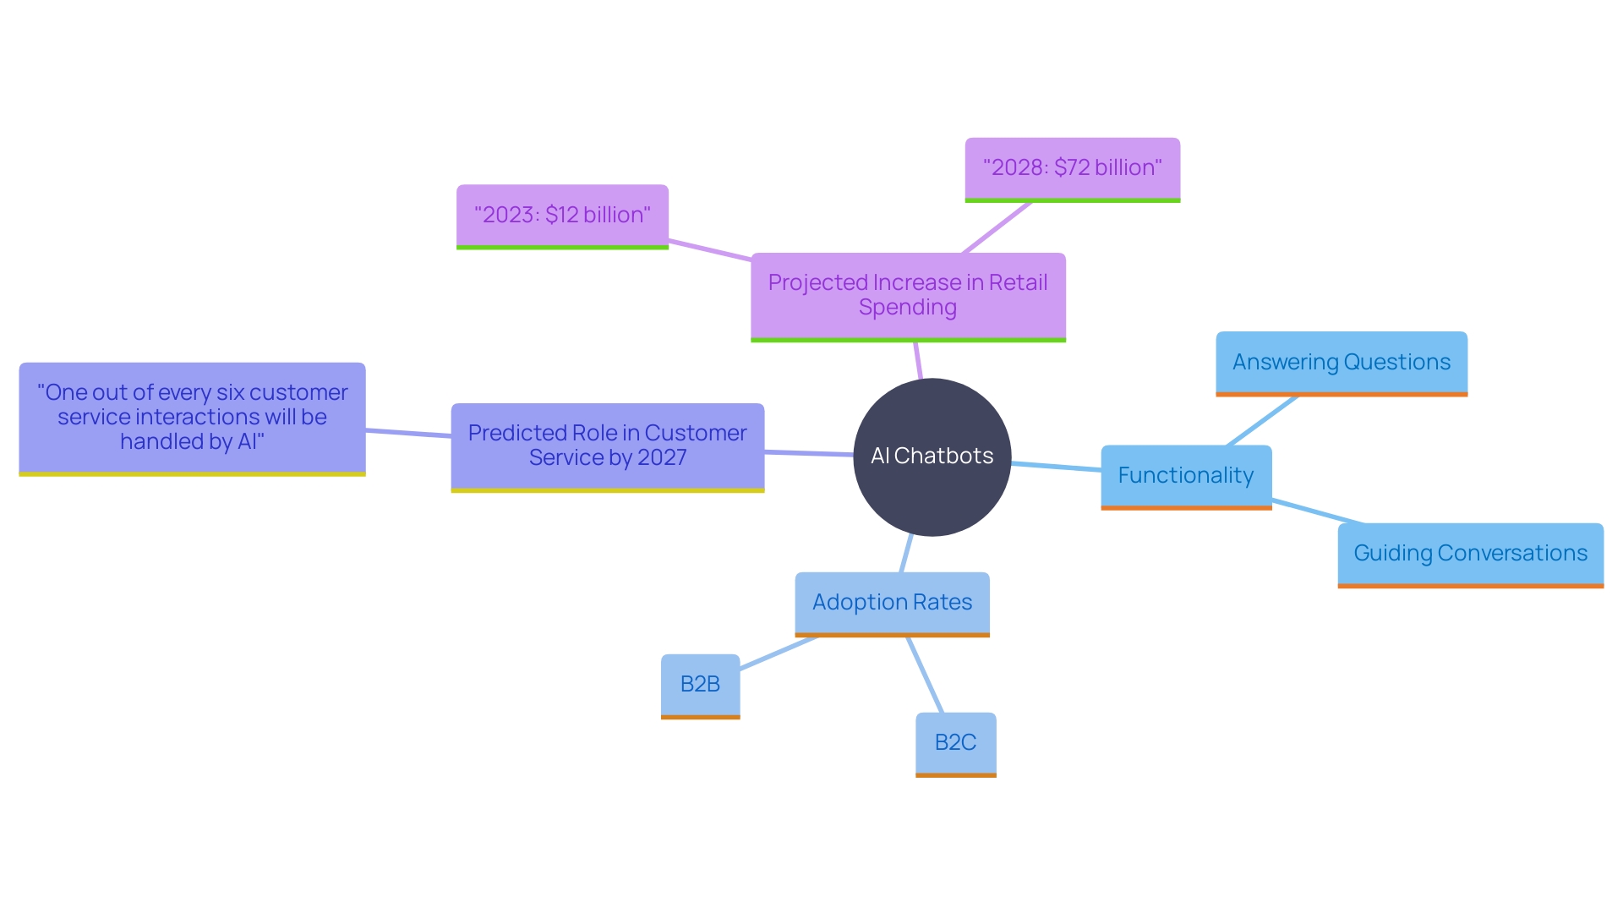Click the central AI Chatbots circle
pos(932,456)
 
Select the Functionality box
pos(1186,476)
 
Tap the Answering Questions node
pos(1342,363)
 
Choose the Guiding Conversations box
pos(1470,554)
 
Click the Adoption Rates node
pos(892,603)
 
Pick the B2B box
pos(700,685)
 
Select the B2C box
pos(955,743)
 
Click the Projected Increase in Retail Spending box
pos(908,295)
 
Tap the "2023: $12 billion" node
pos(562,216)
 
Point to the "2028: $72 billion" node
pos(1072,168)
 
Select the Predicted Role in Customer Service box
pos(607,446)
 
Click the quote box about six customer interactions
pos(192,418)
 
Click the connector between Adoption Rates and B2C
pos(925,675)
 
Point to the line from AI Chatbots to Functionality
pos(1056,467)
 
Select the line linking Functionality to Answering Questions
pos(1261,421)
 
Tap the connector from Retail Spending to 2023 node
pos(709,250)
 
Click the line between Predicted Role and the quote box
pos(408,433)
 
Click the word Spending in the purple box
pos(907,308)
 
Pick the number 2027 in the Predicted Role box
pos(662,458)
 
